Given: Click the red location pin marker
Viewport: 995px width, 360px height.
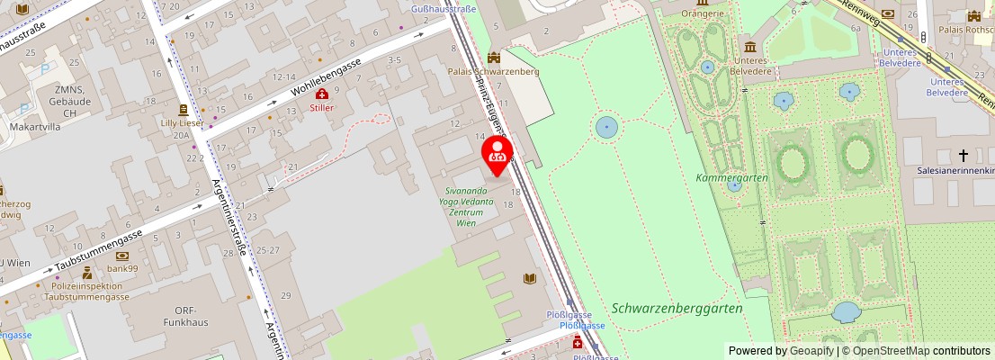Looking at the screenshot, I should (497, 151).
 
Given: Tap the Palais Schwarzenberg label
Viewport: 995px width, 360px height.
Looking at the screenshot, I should (493, 72).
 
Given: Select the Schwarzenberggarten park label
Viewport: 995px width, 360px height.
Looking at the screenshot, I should (677, 308).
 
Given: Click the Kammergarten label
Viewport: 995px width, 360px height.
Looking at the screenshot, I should (731, 177).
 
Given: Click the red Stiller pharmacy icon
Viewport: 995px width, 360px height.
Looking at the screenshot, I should (321, 94).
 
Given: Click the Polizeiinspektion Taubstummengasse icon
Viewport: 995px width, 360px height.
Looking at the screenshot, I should (86, 273).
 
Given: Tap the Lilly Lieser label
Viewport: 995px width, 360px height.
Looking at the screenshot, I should (180, 121).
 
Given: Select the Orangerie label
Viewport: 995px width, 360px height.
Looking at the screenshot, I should (704, 13).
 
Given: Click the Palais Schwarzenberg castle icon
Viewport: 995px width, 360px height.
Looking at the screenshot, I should (493, 58).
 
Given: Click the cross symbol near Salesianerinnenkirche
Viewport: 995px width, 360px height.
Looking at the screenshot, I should (964, 156).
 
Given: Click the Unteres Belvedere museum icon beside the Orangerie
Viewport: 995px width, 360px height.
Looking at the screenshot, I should (750, 47).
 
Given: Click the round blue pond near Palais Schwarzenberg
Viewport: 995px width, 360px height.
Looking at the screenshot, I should (606, 128).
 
